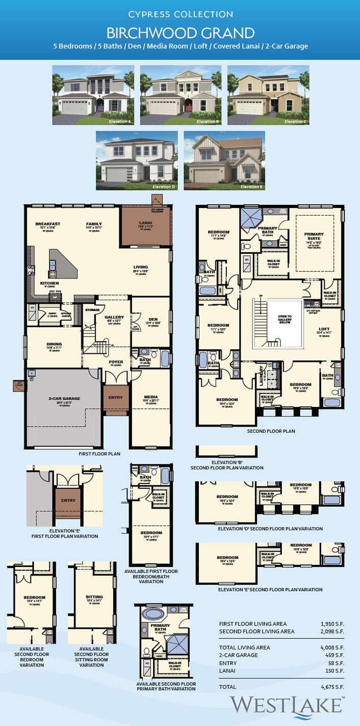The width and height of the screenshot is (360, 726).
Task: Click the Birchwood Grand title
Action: pos(180,33)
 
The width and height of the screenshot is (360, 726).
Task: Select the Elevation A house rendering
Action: pos(93,95)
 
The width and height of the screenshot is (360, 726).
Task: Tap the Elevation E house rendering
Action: pos(224,161)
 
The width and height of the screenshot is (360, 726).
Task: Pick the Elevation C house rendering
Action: pos(268,95)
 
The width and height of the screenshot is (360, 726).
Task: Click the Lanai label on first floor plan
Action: pos(145,223)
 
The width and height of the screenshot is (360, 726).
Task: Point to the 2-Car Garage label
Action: pos(64,399)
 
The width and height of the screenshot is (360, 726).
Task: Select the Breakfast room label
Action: pos(47,224)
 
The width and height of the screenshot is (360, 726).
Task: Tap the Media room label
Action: pos(151,397)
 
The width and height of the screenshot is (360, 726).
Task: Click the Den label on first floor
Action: pos(153,320)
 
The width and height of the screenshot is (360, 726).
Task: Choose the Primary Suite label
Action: pos(314,235)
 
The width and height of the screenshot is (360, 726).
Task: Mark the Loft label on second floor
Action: pos(324,329)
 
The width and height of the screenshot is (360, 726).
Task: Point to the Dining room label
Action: pos(54,344)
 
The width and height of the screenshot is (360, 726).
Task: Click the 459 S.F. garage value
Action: pos(335,655)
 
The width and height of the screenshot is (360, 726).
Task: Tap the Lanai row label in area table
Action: pos(227,671)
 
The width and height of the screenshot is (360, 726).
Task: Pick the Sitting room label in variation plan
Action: pos(94,597)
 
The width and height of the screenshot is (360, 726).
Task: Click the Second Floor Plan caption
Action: pos(271,431)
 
